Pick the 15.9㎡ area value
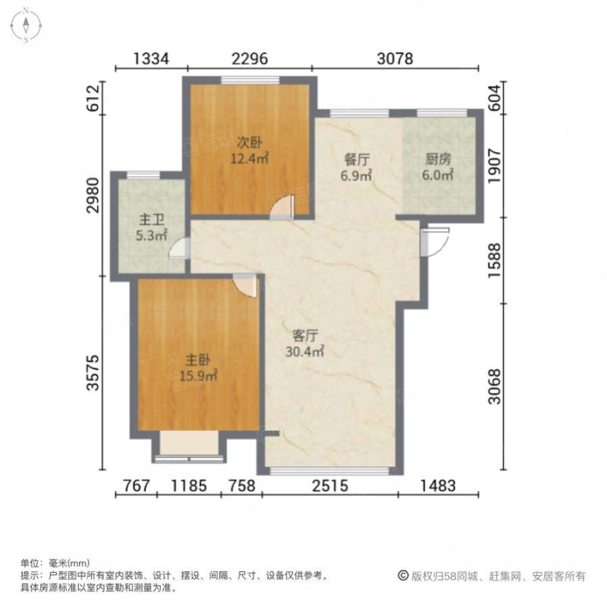(200, 376)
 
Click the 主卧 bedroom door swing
(247, 284)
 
